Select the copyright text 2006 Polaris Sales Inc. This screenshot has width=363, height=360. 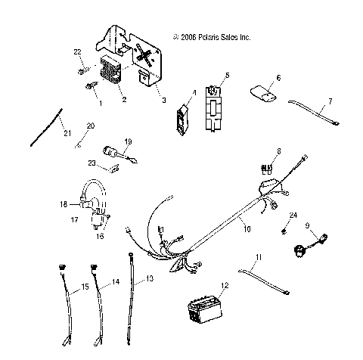coord(211,36)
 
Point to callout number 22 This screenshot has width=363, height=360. coord(76,51)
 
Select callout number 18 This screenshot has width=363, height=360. coord(64,204)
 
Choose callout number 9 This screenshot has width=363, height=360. coord(307,225)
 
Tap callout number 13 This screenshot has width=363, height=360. coord(149,279)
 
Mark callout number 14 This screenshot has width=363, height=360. coord(116,282)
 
